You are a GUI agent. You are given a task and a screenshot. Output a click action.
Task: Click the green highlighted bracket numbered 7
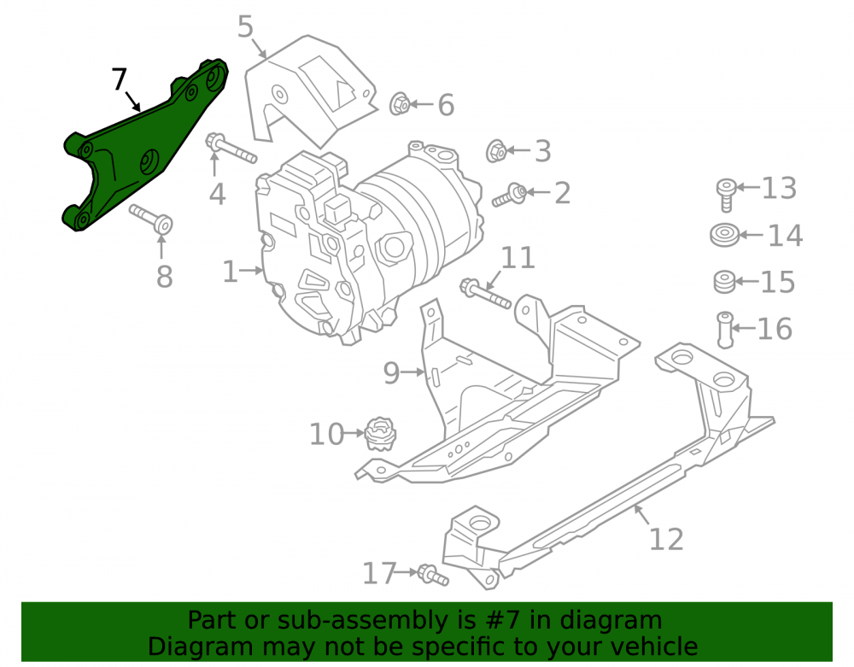136,153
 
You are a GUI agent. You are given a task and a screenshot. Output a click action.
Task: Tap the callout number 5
246,26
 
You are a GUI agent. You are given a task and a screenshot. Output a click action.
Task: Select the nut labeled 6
399,103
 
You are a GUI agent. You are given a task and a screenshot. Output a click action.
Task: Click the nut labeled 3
496,151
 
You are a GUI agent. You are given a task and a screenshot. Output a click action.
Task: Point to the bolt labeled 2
510,195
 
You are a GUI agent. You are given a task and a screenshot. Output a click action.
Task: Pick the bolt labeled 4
231,148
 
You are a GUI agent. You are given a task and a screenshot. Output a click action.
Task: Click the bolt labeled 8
152,219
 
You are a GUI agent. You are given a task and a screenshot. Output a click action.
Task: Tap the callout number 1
230,272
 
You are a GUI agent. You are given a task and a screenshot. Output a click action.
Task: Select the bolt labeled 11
486,293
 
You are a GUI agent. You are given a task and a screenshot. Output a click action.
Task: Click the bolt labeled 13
726,195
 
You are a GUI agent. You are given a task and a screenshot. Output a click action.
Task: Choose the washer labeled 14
724,235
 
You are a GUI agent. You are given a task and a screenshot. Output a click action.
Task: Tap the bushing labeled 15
724,282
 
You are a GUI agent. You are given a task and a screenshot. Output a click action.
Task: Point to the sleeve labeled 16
725,330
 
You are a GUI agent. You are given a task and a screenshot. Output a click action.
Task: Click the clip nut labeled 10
380,434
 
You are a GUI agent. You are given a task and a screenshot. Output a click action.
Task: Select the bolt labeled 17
433,575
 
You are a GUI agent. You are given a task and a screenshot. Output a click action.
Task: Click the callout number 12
666,539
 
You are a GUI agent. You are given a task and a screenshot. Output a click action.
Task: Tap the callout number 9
391,373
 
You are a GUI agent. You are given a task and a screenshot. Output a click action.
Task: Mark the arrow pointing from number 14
751,235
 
